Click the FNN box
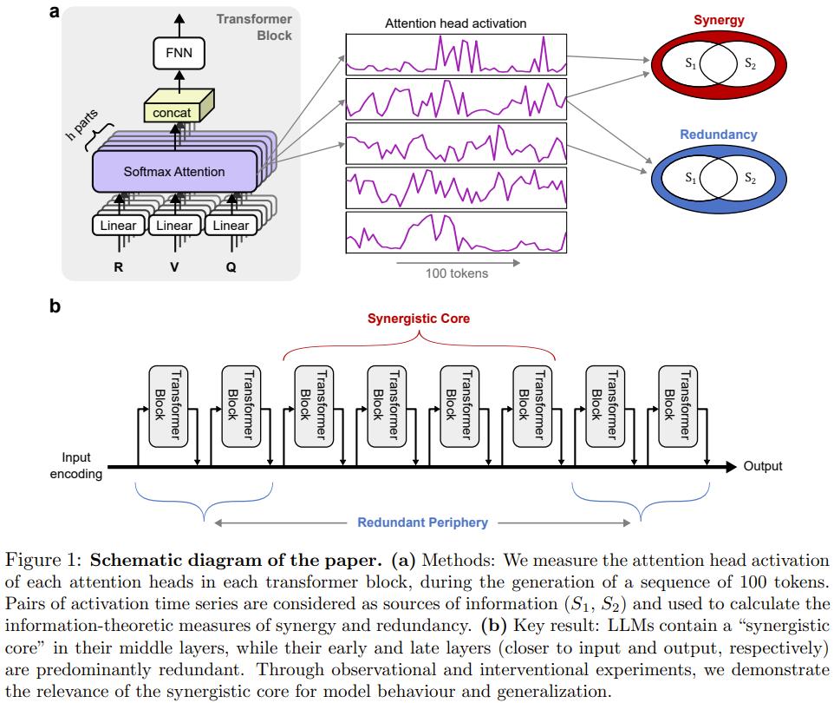pos(179,54)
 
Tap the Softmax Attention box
pos(173,171)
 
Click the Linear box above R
pos(118,226)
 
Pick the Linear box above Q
pos(231,226)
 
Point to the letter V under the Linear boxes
pos(174,267)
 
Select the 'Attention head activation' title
pos(455,23)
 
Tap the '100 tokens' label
pos(456,273)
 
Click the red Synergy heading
pos(719,20)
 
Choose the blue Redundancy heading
pos(718,135)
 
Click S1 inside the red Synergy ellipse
pos(690,63)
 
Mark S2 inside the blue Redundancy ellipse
pos(749,179)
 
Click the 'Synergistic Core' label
pos(419,319)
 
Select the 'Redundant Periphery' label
pos(422,522)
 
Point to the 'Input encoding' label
pos(76,465)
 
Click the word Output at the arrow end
pos(763,466)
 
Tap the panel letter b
pos(55,306)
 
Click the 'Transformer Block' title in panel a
pos(254,27)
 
